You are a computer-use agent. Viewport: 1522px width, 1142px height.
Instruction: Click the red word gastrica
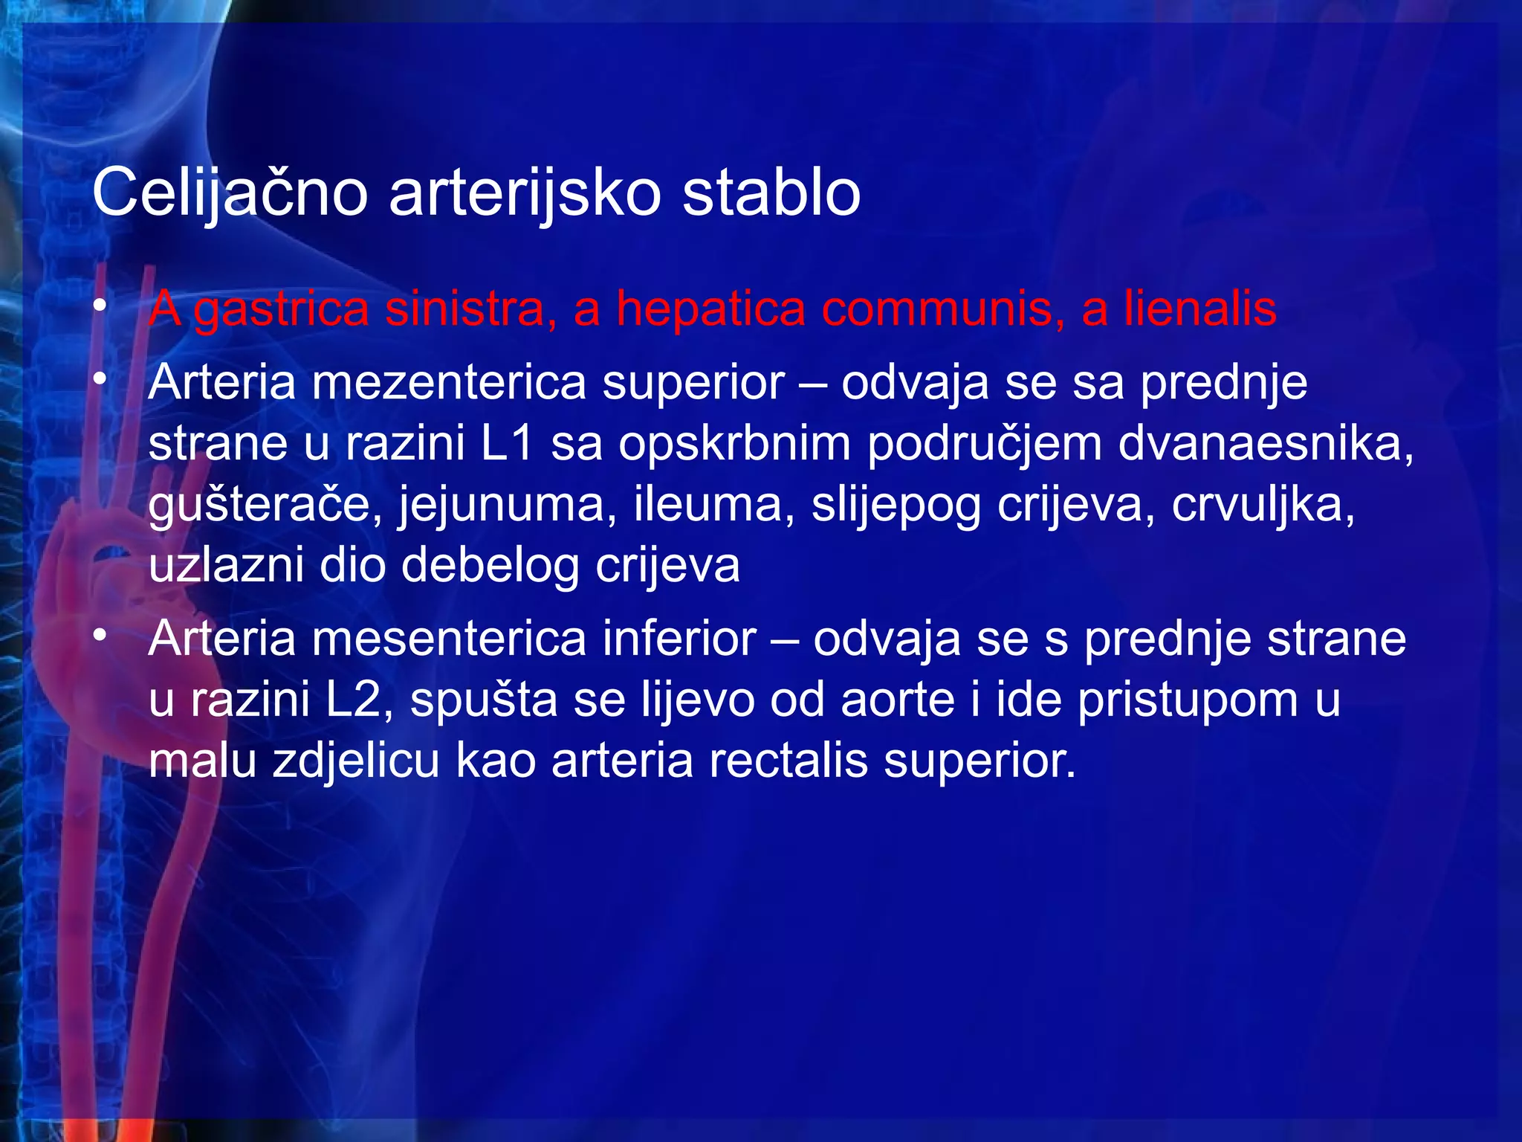pyautogui.click(x=281, y=309)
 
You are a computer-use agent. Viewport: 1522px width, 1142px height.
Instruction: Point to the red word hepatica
pyautogui.click(x=710, y=309)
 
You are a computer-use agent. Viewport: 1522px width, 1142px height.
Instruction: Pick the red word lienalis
pyautogui.click(x=1200, y=309)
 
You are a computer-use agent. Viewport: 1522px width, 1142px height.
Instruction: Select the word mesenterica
pyautogui.click(x=449, y=639)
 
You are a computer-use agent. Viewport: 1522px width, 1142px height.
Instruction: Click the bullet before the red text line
pyautogui.click(x=100, y=306)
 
